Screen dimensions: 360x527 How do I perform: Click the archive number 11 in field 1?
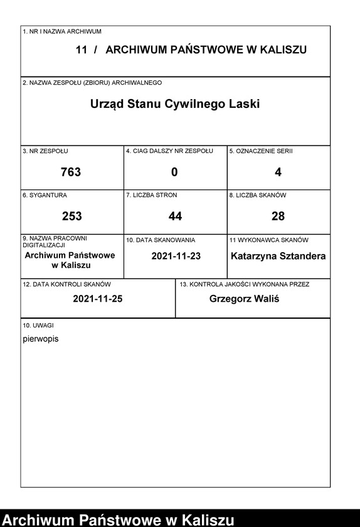click(x=82, y=50)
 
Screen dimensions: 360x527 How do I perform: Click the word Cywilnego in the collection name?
click(x=192, y=104)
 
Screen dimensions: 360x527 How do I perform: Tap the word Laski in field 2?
click(x=244, y=104)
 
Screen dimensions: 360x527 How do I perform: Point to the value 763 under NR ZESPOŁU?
click(x=71, y=172)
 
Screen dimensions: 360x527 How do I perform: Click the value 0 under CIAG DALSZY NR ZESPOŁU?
click(x=174, y=172)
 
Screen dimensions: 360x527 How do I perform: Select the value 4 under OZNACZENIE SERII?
click(x=278, y=172)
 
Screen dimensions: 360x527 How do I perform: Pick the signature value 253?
click(x=71, y=216)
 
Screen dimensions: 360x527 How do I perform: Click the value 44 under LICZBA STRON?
click(x=175, y=216)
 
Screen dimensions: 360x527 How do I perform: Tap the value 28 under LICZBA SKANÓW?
click(x=278, y=216)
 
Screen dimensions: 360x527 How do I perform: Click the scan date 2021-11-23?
click(x=176, y=256)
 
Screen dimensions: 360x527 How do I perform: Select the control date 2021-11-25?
click(x=97, y=299)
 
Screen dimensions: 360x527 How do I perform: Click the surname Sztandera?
click(x=304, y=256)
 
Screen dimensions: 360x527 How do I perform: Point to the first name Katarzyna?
click(x=255, y=256)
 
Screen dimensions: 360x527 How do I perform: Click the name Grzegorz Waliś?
click(x=244, y=299)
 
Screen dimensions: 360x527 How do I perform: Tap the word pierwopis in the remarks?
click(x=40, y=339)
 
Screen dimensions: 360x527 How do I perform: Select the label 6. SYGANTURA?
click(x=45, y=195)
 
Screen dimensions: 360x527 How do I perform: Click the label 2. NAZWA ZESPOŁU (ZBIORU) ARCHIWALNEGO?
click(x=92, y=83)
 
